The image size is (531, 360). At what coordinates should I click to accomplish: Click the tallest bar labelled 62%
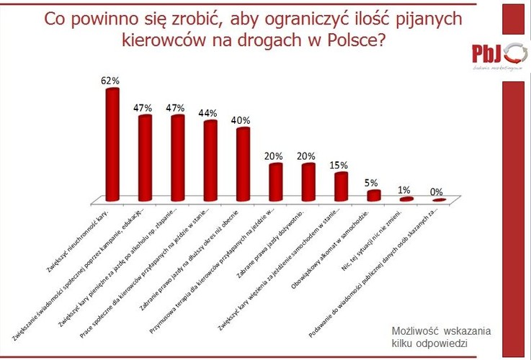[112, 144]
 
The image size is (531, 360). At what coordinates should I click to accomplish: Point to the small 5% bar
[373, 195]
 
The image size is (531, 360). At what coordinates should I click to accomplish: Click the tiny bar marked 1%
[406, 199]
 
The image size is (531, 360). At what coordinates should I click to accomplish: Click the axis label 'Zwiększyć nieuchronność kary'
[78, 238]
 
